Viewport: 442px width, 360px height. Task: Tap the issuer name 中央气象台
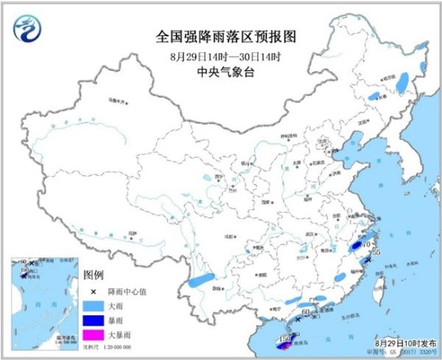click(x=220, y=72)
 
